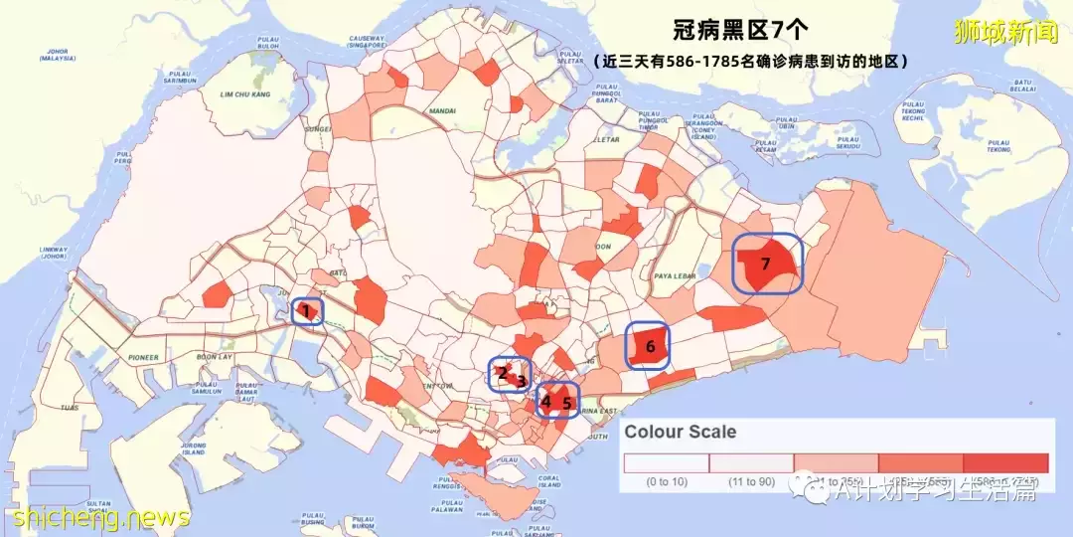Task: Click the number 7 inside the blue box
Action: tap(765, 264)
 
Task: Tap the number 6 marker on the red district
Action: tap(650, 347)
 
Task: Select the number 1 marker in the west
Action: tap(307, 312)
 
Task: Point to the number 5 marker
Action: tap(567, 404)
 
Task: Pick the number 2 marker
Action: tap(503, 373)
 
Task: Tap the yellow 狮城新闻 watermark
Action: tap(1005, 32)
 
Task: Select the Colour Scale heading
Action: tap(681, 432)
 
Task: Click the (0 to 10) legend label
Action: tap(667, 483)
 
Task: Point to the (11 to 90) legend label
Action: tap(751, 483)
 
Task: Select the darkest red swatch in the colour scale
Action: tap(1005, 463)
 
